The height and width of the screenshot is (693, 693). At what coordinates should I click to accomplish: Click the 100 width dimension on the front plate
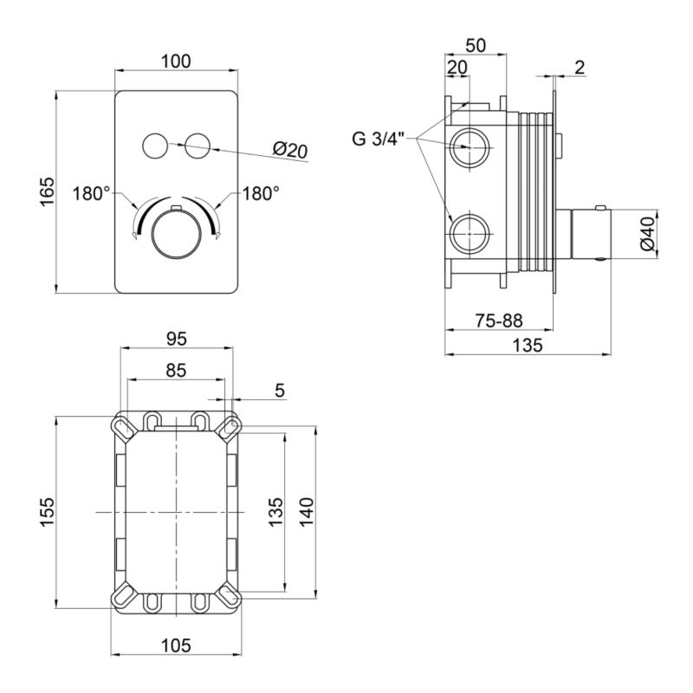click(x=176, y=61)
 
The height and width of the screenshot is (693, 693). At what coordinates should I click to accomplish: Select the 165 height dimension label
click(x=47, y=191)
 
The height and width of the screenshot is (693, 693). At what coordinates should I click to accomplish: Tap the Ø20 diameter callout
click(x=290, y=150)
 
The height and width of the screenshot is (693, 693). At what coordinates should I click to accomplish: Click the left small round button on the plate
click(x=155, y=145)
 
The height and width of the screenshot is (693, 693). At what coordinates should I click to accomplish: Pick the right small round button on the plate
click(x=198, y=145)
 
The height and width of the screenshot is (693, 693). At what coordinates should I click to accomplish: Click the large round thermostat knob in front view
click(x=177, y=234)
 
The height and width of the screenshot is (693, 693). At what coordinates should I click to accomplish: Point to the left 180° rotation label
click(x=91, y=193)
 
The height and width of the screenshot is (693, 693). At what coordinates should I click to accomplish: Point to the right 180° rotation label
click(x=261, y=193)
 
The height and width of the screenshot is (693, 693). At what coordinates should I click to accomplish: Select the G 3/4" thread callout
click(x=379, y=139)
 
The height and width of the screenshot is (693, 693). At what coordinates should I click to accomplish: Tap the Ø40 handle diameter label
click(x=648, y=234)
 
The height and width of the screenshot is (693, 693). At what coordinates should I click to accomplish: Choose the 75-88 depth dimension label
click(x=499, y=321)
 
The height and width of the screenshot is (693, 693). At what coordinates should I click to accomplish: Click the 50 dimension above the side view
click(x=476, y=46)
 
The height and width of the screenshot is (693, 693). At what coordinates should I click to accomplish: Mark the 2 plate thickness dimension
click(x=580, y=68)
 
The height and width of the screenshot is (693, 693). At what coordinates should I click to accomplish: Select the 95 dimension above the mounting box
click(x=177, y=339)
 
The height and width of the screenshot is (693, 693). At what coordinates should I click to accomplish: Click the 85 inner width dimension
click(x=176, y=371)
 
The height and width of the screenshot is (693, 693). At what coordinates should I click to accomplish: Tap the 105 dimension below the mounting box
click(x=176, y=645)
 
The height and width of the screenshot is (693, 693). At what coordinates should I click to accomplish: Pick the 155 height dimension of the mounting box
click(x=47, y=512)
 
